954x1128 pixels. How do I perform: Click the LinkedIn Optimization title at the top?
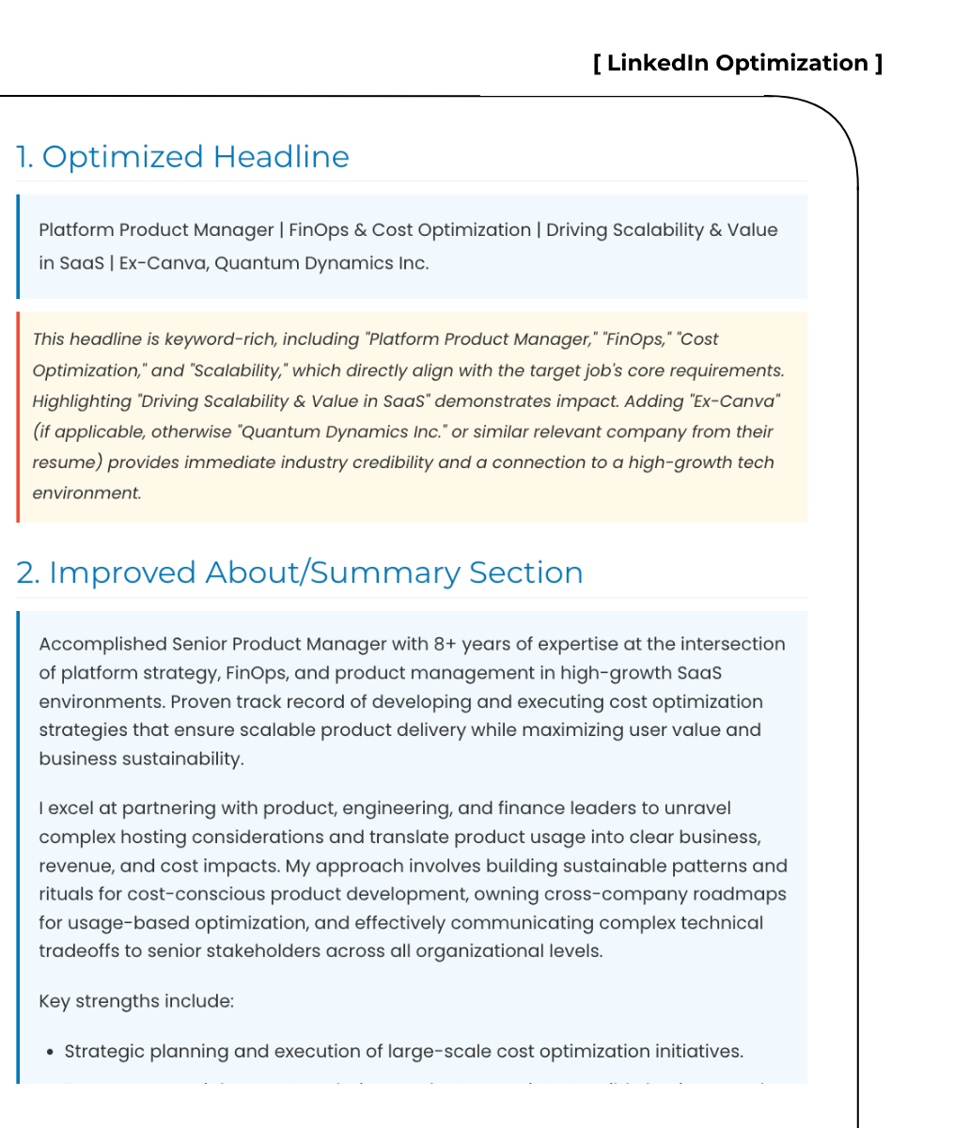[x=738, y=63]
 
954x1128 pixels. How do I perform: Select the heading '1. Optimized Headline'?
[x=182, y=156]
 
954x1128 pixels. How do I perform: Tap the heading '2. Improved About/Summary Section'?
[x=300, y=572]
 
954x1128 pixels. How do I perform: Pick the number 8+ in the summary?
[x=445, y=644]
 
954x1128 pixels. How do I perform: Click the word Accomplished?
[x=102, y=644]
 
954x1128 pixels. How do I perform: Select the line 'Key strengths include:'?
[x=136, y=1001]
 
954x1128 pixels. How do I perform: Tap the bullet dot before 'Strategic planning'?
[x=49, y=1052]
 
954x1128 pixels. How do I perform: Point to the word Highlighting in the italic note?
[x=82, y=401]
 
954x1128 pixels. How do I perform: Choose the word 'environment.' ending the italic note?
[x=86, y=493]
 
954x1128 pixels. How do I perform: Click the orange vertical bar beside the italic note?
[x=18, y=416]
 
